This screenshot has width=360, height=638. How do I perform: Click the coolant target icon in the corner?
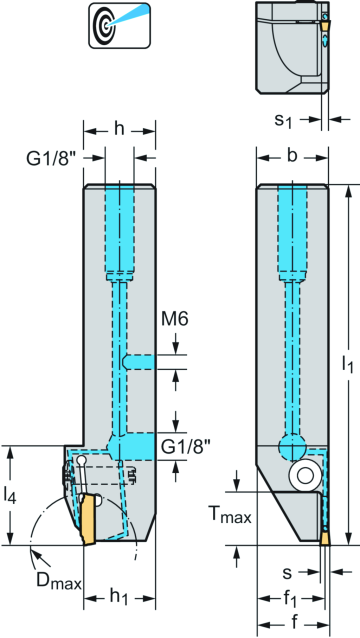click(109, 25)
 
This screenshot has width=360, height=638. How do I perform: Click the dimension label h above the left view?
click(119, 128)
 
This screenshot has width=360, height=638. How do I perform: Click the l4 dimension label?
click(11, 495)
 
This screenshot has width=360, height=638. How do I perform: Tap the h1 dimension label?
click(119, 597)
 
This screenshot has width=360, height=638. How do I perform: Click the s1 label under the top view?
click(285, 121)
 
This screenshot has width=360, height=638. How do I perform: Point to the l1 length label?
click(347, 367)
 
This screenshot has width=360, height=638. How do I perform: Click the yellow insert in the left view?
click(88, 520)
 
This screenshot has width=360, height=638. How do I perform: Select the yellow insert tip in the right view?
click(325, 538)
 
